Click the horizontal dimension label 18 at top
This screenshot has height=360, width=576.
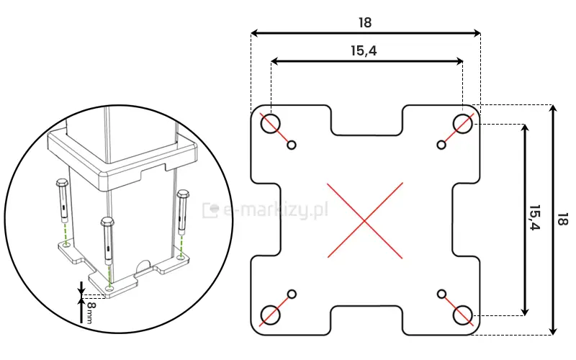[x=365, y=22]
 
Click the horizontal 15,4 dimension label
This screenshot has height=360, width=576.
[x=364, y=50]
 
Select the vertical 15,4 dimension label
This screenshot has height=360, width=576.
[x=534, y=217]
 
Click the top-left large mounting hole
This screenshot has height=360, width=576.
[x=271, y=123]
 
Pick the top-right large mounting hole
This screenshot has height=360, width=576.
[x=462, y=123]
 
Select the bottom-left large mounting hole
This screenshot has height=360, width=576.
[x=271, y=315]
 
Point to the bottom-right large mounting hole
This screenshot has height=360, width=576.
[x=462, y=315]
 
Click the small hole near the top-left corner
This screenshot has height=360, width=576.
[x=292, y=145]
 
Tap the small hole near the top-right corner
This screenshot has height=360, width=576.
[x=441, y=145]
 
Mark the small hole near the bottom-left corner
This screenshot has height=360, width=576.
[x=292, y=294]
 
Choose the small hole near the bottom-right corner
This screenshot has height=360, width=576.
[x=441, y=294]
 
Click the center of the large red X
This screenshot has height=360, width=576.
[x=366, y=220]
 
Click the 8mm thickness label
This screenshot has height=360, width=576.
[x=90, y=312]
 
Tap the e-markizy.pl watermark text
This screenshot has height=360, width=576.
[x=274, y=210]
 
